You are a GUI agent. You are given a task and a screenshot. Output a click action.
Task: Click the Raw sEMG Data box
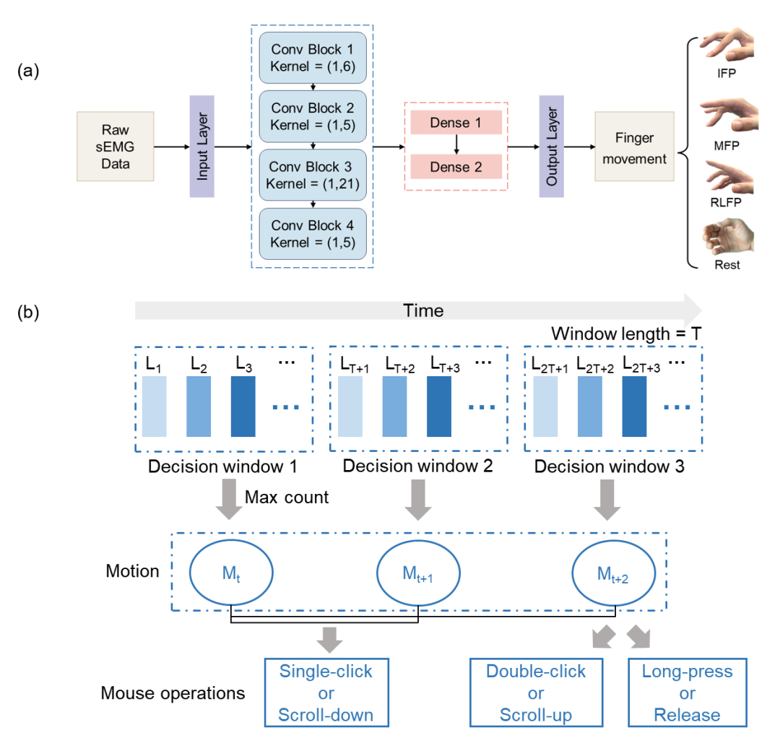pyautogui.click(x=116, y=146)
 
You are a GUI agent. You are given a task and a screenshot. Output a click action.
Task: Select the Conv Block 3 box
pyautogui.click(x=313, y=175)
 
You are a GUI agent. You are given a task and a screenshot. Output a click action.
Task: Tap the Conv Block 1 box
pyautogui.click(x=313, y=58)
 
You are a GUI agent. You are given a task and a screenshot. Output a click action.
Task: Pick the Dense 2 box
pyautogui.click(x=456, y=167)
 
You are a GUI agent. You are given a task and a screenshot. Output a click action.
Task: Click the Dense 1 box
pyautogui.click(x=456, y=122)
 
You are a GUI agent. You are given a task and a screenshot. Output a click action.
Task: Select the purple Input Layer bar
pyautogui.click(x=202, y=146)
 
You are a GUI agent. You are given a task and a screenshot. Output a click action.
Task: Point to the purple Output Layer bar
pyautogui.click(x=552, y=146)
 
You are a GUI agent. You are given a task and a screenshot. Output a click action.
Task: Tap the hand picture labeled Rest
pyautogui.click(x=728, y=237)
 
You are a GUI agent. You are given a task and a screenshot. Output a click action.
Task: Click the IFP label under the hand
pyautogui.click(x=727, y=74)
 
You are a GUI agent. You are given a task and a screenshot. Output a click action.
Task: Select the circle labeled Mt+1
pyautogui.click(x=418, y=573)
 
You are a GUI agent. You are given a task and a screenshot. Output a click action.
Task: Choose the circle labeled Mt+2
pyautogui.click(x=613, y=573)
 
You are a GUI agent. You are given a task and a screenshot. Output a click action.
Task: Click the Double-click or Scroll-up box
pyautogui.click(x=536, y=692)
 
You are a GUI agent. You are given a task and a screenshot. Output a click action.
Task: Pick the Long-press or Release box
pyautogui.click(x=688, y=692)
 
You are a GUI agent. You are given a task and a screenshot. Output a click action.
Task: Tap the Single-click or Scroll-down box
pyautogui.click(x=326, y=692)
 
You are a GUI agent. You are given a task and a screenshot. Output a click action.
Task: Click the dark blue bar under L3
pyautogui.click(x=243, y=407)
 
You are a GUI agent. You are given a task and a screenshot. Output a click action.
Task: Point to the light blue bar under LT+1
pyautogui.click(x=350, y=407)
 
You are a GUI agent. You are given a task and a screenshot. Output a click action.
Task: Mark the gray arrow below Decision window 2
pyautogui.click(x=418, y=500)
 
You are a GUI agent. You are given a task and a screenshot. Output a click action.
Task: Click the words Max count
pyautogui.click(x=287, y=497)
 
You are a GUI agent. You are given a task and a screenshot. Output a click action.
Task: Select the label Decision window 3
pyautogui.click(x=610, y=466)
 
